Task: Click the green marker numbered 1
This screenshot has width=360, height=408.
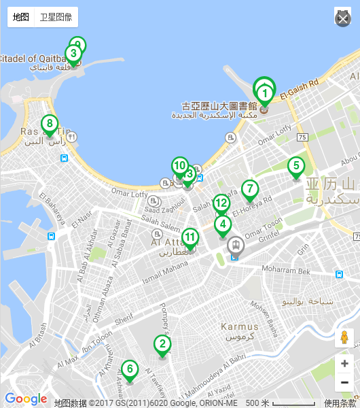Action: tap(265, 93)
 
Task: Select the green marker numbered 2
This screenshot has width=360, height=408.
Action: tap(162, 344)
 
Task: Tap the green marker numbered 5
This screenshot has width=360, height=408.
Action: tap(295, 166)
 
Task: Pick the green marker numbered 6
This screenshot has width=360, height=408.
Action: tap(129, 370)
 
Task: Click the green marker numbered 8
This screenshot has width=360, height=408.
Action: tap(49, 124)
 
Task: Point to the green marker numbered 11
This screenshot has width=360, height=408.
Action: tap(190, 237)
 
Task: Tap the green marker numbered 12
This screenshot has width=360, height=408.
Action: tap(221, 203)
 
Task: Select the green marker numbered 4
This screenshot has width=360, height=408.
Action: tap(222, 224)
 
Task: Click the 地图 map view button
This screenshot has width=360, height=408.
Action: tap(21, 17)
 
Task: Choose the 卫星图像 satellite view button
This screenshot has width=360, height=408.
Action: tap(56, 17)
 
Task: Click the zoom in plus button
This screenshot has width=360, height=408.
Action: tap(344, 364)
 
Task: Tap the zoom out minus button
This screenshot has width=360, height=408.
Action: tap(344, 382)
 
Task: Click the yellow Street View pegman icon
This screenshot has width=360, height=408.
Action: tap(344, 338)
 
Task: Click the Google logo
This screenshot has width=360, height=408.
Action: tap(26, 399)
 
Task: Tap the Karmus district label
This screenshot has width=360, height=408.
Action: tap(239, 327)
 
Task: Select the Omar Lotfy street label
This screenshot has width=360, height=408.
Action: tap(129, 194)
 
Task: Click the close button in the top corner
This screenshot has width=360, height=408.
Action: tap(342, 18)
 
